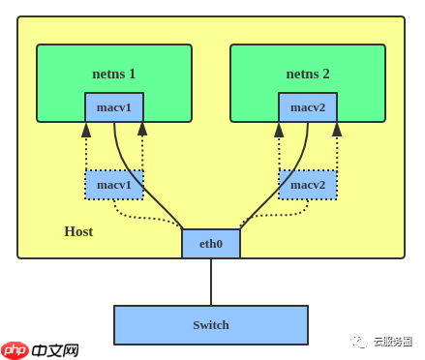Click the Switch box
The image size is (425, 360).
pyautogui.click(x=210, y=325)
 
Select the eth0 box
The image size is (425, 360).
pyautogui.click(x=210, y=244)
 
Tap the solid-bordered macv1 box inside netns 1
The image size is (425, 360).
pyautogui.click(x=114, y=107)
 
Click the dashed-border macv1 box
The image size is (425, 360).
pyautogui.click(x=114, y=185)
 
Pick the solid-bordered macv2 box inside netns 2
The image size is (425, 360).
pyautogui.click(x=308, y=107)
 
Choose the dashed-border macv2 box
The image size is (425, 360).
pyautogui.click(x=308, y=185)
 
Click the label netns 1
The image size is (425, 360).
pyautogui.click(x=114, y=74)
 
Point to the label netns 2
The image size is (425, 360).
pyautogui.click(x=308, y=74)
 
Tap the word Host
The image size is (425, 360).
pyautogui.click(x=78, y=231)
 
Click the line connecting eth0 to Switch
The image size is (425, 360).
pyautogui.click(x=211, y=282)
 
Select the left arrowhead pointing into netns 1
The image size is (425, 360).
pyautogui.click(x=86, y=129)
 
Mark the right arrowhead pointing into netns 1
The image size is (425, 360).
pyautogui.click(x=142, y=129)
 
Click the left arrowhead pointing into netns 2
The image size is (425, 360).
pyautogui.click(x=279, y=129)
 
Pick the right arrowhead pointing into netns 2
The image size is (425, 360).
pyautogui.click(x=337, y=129)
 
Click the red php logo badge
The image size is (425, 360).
pyautogui.click(x=15, y=349)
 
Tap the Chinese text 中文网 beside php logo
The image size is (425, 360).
pyautogui.click(x=54, y=350)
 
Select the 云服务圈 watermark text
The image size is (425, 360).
pyautogui.click(x=392, y=342)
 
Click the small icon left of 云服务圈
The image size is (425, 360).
pyautogui.click(x=359, y=342)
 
